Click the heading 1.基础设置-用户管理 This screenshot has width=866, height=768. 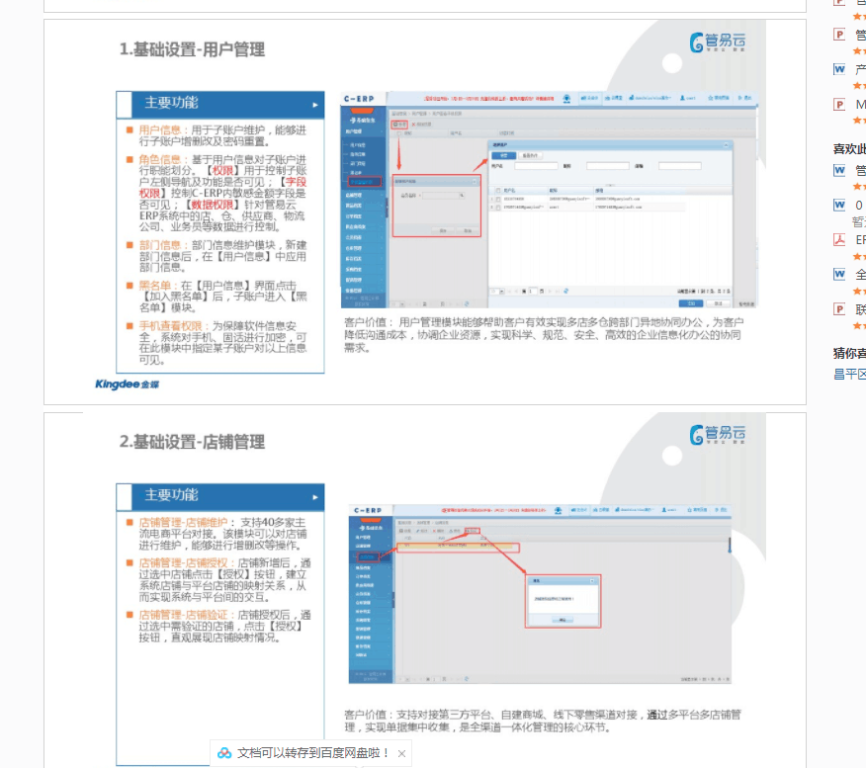point(192,49)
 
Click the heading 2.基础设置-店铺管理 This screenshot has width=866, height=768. point(192,442)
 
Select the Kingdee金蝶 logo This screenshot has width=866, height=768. point(127,384)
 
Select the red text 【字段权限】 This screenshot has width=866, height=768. point(294,182)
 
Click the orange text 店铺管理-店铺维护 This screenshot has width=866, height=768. point(183,522)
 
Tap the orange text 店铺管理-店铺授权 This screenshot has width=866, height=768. point(183,562)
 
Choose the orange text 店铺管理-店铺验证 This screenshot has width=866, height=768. point(183,614)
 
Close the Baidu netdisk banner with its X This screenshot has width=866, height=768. point(401,753)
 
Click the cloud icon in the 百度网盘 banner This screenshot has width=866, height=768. point(224,753)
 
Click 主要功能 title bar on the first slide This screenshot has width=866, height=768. point(219,104)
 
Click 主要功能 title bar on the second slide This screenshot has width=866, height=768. point(219,496)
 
